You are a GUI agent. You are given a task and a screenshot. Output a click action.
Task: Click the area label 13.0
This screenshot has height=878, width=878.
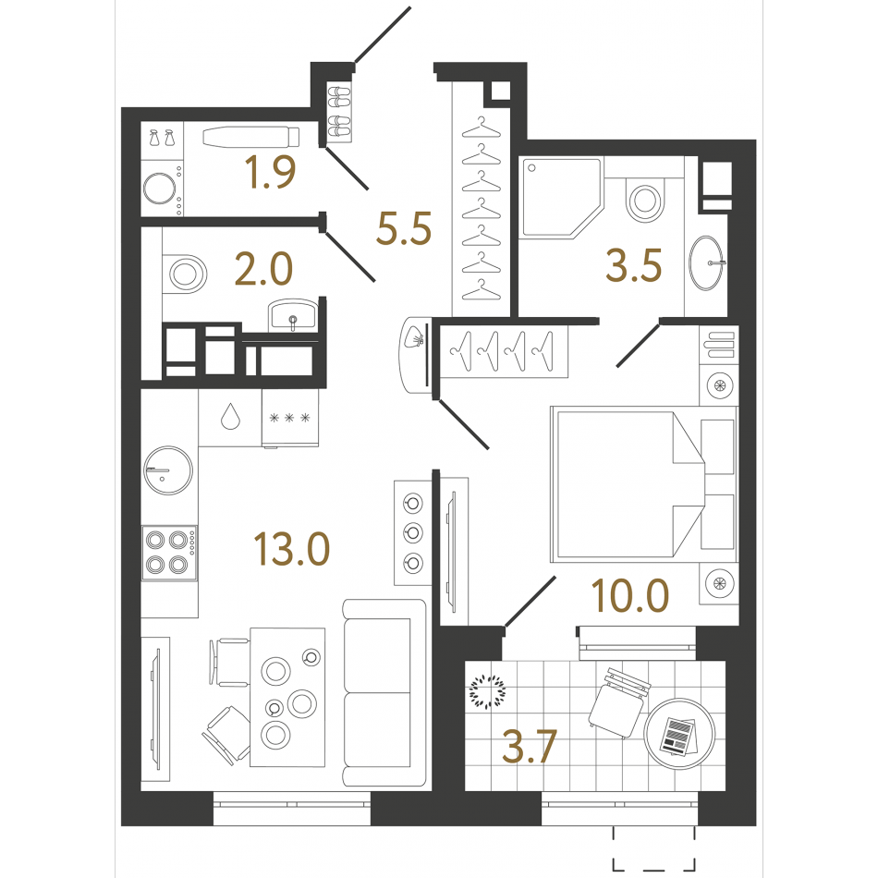[x=292, y=549]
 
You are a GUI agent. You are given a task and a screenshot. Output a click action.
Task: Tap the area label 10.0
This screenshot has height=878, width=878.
[x=630, y=595]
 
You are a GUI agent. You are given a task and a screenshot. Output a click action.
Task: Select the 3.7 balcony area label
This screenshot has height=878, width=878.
[x=530, y=747]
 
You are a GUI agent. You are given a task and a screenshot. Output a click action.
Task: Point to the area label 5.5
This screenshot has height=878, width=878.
[x=404, y=228]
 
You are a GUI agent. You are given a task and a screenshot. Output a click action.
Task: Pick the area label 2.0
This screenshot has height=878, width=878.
[x=263, y=269]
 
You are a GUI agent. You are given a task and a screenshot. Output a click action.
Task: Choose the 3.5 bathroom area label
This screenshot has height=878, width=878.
[x=634, y=265]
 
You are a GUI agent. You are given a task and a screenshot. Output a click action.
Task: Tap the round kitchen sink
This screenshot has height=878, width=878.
[x=168, y=470]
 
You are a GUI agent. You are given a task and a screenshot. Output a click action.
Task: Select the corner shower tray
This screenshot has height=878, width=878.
[x=560, y=199]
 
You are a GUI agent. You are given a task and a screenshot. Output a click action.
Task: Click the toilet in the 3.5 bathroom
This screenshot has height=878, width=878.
[x=644, y=198]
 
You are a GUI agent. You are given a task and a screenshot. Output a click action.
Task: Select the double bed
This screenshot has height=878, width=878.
[x=644, y=484]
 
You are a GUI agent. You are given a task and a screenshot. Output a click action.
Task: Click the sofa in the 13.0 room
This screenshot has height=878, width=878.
[x=384, y=692]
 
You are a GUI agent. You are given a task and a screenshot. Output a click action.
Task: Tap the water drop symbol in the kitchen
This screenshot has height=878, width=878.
[x=230, y=416]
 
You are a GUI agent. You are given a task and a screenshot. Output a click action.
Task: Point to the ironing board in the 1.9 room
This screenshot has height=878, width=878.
[x=250, y=137]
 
